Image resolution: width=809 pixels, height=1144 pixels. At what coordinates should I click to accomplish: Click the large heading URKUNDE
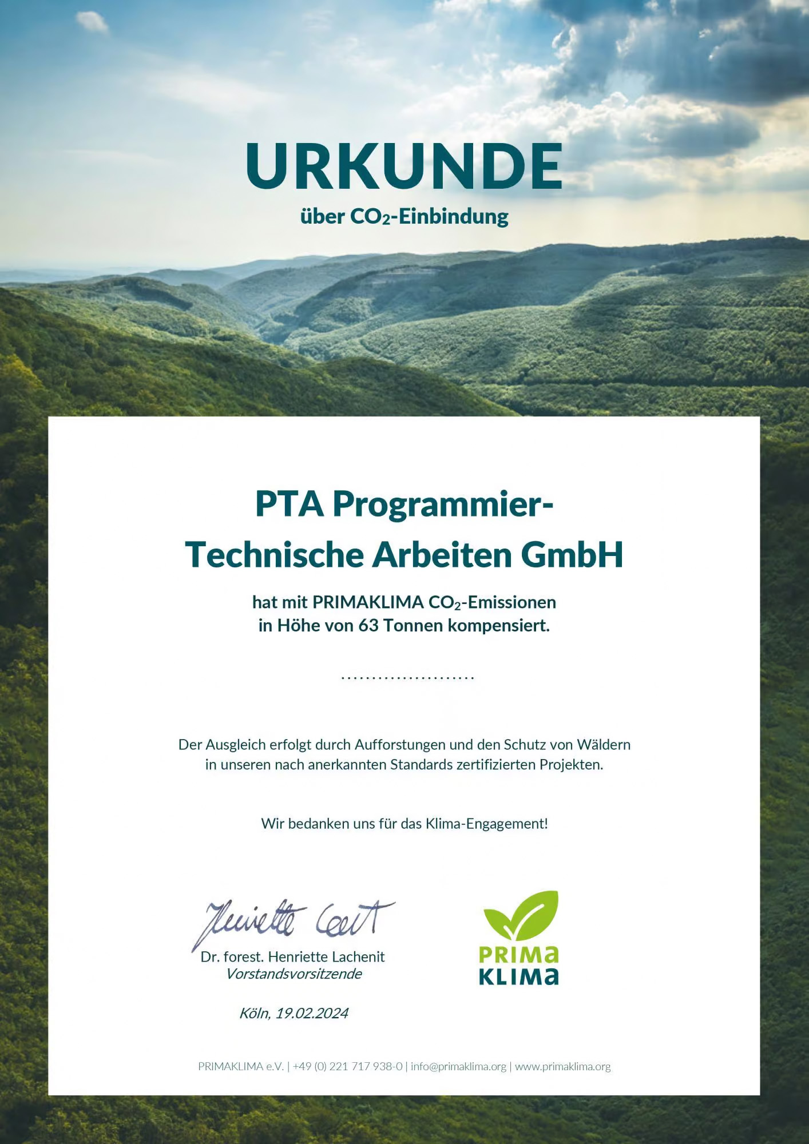pyautogui.click(x=404, y=166)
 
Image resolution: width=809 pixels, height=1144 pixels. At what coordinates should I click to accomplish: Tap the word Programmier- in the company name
pyautogui.click(x=443, y=504)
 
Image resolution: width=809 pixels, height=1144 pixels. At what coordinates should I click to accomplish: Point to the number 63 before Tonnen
pyautogui.click(x=368, y=626)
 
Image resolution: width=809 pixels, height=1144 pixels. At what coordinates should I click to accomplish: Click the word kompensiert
pyautogui.click(x=498, y=626)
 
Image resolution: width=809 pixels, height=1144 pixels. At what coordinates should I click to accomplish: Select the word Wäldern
pyautogui.click(x=604, y=745)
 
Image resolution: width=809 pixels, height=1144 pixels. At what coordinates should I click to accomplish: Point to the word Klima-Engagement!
pyautogui.click(x=486, y=824)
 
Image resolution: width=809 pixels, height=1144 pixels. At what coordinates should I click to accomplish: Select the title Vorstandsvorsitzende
pyautogui.click(x=294, y=974)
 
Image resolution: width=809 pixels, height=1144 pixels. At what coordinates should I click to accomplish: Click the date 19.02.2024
pyautogui.click(x=312, y=1014)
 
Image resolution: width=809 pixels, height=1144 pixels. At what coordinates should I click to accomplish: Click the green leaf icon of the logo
pyautogui.click(x=521, y=915)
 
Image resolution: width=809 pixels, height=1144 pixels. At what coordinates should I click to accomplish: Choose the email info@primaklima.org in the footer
pyautogui.click(x=458, y=1067)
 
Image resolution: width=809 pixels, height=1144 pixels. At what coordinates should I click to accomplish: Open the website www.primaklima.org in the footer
pyautogui.click(x=562, y=1067)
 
